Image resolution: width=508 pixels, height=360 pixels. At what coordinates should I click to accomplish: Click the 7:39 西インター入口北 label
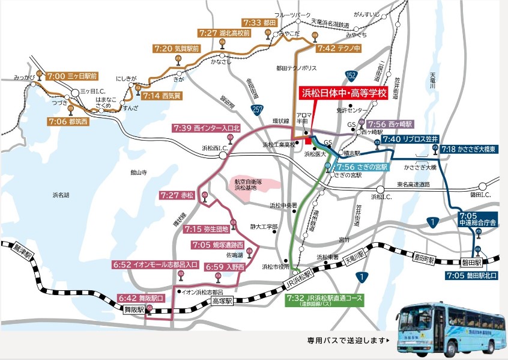[x=207, y=128]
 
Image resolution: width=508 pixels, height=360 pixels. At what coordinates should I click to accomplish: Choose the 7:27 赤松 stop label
[x=178, y=195]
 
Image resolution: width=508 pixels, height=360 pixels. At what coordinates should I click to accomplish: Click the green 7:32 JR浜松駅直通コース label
[x=325, y=298]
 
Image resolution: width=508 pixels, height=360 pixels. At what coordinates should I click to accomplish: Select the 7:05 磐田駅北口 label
[x=471, y=275]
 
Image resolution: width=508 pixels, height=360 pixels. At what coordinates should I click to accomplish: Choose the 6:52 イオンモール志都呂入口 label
[x=156, y=264]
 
